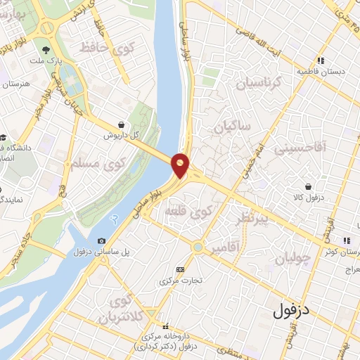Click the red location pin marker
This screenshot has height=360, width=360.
[x=181, y=165]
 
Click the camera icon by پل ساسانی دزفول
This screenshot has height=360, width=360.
[x=102, y=241]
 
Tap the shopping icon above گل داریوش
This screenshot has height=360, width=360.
[x=122, y=123]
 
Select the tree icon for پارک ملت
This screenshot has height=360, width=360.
[x=46, y=50]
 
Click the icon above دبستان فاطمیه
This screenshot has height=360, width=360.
[x=321, y=60]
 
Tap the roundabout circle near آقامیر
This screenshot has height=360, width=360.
[x=198, y=247]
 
